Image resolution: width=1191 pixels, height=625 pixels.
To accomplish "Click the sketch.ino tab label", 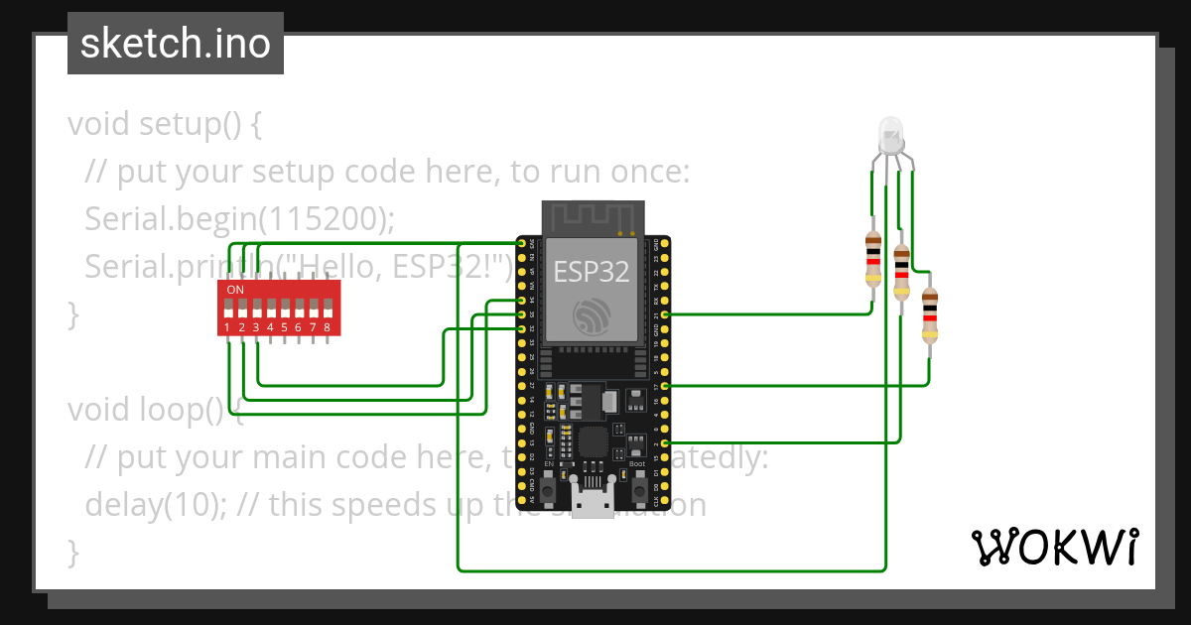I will pos(176,44).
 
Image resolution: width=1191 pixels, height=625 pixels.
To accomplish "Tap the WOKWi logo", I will pos(1053,547).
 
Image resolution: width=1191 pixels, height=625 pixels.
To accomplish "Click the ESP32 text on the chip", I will pos(592,272).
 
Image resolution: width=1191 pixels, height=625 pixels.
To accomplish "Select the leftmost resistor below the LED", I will pos(873,258).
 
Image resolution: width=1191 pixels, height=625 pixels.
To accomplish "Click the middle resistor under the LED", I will pos(901,272).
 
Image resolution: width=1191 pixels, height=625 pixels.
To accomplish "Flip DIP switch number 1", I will pos(228,308).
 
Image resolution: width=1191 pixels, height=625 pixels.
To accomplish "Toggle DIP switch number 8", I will pos(327,308).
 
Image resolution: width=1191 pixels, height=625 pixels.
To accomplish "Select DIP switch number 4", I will pos(270,308).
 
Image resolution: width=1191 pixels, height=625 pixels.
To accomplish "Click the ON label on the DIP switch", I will pos(235,290).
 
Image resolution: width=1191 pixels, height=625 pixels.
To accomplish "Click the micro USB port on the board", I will pos(595,504).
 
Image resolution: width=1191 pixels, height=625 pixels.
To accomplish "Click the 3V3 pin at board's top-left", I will pos(523,243).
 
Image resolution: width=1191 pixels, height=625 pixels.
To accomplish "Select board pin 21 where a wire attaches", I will pos(664,313).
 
